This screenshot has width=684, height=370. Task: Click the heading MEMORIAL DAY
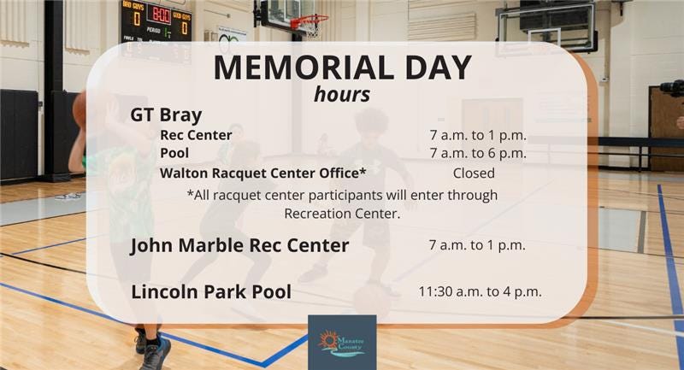coord(341,68)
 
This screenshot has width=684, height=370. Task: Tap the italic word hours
coord(341,94)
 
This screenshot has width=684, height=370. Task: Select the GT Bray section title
coord(166,115)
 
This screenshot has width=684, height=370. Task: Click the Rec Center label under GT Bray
coord(196,135)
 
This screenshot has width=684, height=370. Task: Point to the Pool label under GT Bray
coord(174,154)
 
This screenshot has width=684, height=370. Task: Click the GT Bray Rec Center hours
coord(477,135)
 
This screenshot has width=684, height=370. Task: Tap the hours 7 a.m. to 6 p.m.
coord(477,154)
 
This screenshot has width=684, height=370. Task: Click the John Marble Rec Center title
coord(239,246)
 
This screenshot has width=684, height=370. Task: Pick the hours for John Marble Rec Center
coord(476,245)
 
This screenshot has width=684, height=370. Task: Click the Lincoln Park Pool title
coord(211,292)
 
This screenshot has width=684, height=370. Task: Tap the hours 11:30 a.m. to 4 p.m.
coord(479,292)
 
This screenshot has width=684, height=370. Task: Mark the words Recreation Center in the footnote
coord(342,214)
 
